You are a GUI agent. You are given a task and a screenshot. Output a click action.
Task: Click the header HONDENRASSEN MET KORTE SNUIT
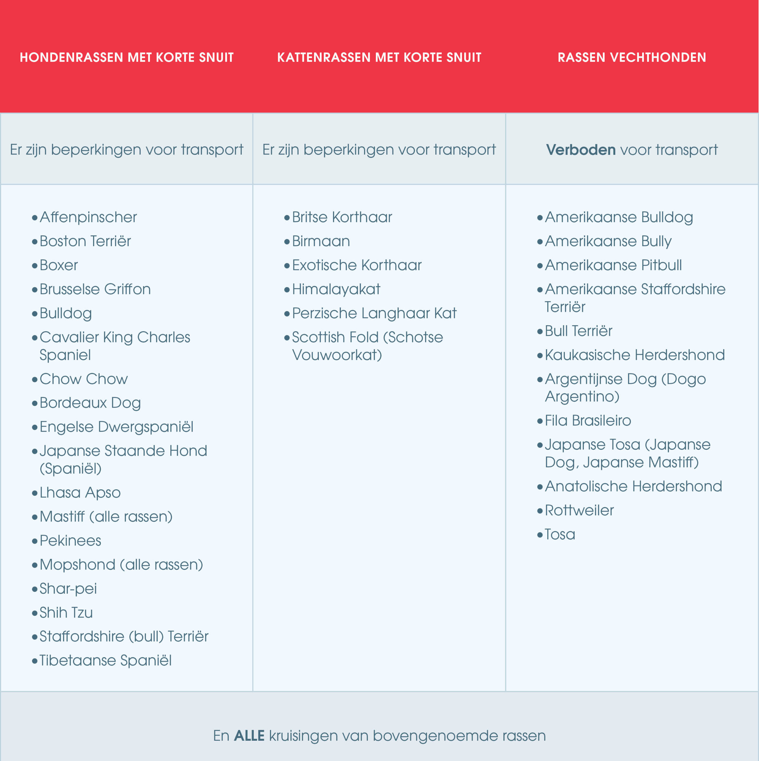126,57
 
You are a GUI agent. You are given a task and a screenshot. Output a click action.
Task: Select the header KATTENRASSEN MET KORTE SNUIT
379,57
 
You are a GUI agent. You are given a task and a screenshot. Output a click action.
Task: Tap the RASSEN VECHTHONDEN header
632,57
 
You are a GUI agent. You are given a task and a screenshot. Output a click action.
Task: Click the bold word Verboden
581,150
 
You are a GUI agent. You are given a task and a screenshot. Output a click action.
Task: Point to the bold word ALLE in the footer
249,735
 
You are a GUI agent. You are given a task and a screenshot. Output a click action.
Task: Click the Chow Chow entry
84,379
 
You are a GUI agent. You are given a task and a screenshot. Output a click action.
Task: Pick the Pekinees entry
70,541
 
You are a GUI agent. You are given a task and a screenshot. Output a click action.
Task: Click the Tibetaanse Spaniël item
106,661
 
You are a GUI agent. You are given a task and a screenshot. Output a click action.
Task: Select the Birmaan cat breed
321,241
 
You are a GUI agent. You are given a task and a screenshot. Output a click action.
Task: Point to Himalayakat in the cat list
336,290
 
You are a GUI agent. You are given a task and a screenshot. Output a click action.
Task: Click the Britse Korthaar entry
342,217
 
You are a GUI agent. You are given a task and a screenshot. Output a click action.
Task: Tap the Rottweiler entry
579,510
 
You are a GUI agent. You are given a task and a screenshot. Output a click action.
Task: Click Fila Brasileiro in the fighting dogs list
588,421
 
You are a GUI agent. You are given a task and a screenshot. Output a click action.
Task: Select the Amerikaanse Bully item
608,241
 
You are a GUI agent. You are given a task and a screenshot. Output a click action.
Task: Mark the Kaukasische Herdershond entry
634,355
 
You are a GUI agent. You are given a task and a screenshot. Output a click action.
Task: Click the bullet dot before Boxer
35,266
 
